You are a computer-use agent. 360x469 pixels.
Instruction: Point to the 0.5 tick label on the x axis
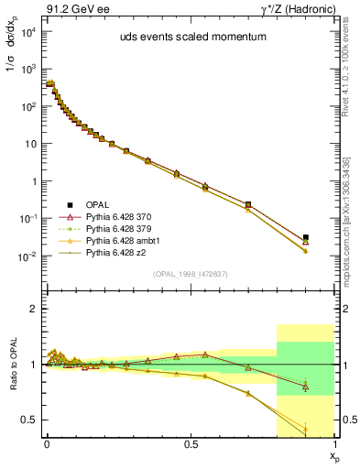[190, 443]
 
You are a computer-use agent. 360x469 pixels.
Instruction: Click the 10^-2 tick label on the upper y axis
[27, 256]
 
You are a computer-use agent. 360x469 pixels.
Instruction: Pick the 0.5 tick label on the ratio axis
[29, 420]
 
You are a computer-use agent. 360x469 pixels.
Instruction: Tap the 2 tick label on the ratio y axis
[34, 309]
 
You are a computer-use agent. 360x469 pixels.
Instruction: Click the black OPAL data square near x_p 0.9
[306, 237]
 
